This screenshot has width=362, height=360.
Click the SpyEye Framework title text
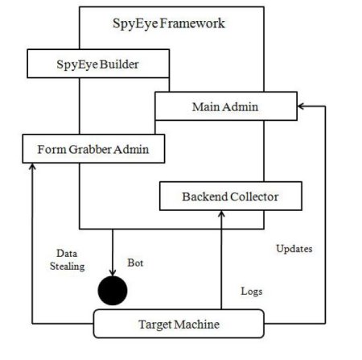(x=169, y=23)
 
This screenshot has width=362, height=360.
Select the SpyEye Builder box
(x=98, y=64)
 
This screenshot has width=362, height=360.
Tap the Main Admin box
(x=226, y=106)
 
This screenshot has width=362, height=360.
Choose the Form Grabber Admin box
(x=93, y=149)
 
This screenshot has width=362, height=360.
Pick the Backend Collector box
(x=231, y=196)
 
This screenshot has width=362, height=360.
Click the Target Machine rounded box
(x=179, y=324)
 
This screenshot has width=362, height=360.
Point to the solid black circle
(x=113, y=291)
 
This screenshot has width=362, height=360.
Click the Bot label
(x=135, y=263)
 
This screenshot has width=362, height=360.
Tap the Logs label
(x=252, y=292)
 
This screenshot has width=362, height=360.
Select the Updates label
(x=294, y=249)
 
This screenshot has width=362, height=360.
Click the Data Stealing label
(x=67, y=259)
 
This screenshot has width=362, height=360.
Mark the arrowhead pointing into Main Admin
(x=301, y=106)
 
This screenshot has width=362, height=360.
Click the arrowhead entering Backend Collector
(x=221, y=213)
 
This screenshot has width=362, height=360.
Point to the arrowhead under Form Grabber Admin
(x=32, y=167)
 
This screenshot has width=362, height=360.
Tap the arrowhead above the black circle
(x=113, y=272)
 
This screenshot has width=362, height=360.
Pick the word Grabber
(x=90, y=149)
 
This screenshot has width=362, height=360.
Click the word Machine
(x=197, y=325)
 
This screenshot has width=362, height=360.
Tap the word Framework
(x=192, y=23)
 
